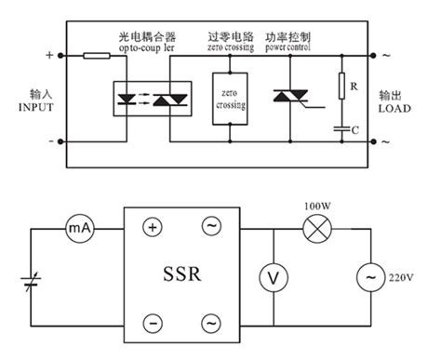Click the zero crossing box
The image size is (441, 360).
(x=230, y=98)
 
